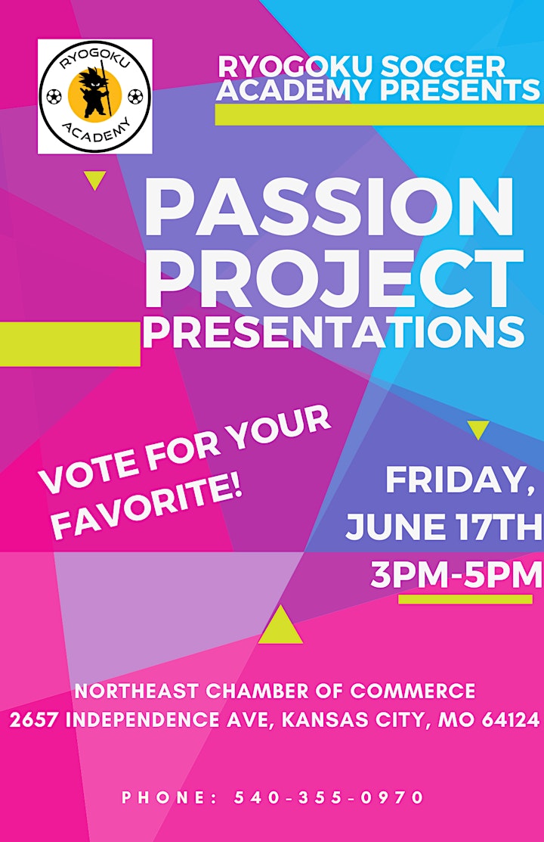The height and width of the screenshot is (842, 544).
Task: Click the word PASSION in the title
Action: [329, 208]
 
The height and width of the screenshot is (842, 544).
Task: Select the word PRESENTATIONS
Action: [333, 332]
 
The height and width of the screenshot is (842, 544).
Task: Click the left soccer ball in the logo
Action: [54, 97]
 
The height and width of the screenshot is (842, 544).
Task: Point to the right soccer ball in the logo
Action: [136, 97]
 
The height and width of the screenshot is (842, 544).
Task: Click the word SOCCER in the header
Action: [443, 67]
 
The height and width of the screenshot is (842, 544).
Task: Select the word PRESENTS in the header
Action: [460, 90]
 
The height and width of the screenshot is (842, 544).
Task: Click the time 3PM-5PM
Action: [456, 575]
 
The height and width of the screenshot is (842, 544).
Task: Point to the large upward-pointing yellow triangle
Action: [280, 625]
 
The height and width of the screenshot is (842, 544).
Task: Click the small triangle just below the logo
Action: [95, 181]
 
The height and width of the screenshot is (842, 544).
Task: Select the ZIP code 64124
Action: [510, 719]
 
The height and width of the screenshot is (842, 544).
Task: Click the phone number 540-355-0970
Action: [329, 797]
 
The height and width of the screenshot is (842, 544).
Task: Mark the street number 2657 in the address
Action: [33, 719]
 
